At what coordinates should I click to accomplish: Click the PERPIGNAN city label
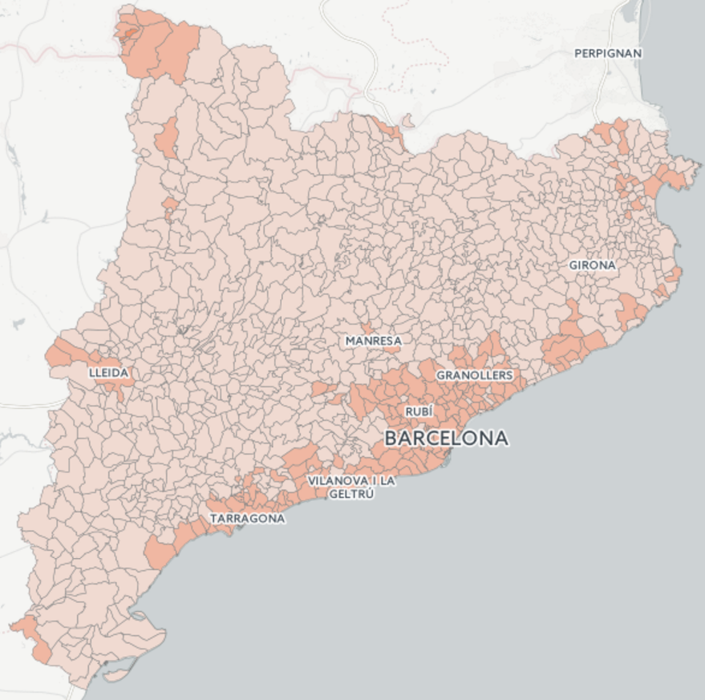click(x=608, y=53)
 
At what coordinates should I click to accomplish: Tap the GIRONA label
click(x=592, y=265)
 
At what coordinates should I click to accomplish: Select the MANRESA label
click(x=373, y=341)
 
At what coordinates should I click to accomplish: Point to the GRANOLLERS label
click(x=474, y=374)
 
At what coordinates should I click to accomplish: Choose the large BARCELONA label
click(x=446, y=439)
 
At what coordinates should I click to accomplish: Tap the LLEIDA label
click(x=108, y=373)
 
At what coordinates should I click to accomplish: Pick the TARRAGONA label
click(x=247, y=519)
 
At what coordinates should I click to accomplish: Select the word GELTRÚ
click(x=350, y=494)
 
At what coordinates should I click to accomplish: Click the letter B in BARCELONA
click(x=391, y=439)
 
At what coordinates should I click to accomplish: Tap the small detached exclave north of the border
click(x=407, y=121)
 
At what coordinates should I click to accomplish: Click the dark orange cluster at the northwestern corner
click(x=156, y=44)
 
